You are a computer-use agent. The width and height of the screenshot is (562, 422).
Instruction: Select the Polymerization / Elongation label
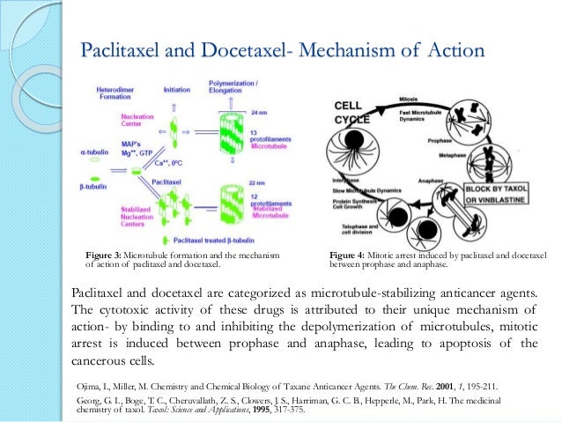(237, 86)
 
